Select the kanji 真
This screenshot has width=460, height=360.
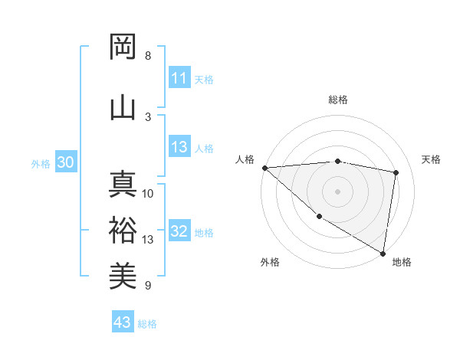point(123,186)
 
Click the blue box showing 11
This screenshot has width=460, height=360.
point(179,78)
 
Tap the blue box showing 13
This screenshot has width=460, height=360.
point(179,148)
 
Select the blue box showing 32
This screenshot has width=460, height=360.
point(179,232)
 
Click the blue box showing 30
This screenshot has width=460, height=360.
point(65,163)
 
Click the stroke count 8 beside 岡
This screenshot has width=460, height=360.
point(148,56)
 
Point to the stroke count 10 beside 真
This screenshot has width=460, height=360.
point(148,194)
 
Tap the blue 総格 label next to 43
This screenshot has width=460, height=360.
point(147,323)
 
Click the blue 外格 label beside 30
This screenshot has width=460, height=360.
point(41,164)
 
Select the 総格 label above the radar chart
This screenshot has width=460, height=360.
point(338,100)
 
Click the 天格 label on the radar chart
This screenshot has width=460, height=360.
point(432,159)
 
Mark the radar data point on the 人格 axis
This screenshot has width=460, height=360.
point(264,168)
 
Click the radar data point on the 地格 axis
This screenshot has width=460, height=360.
point(383,253)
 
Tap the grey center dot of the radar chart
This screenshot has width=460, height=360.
point(337,191)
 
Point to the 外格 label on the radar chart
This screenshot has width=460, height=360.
point(270,262)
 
